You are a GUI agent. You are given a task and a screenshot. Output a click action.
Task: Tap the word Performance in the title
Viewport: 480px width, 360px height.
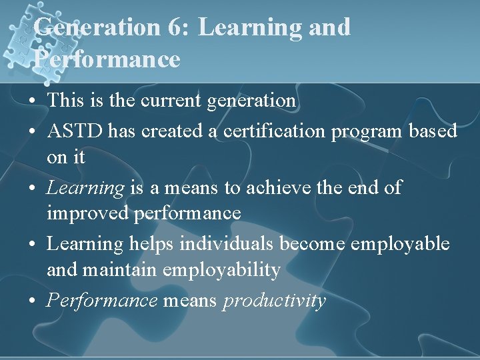click(107, 59)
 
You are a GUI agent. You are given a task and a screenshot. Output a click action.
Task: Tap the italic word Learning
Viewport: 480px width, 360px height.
click(85, 189)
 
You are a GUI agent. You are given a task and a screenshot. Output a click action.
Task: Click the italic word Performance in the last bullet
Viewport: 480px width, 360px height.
click(101, 301)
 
